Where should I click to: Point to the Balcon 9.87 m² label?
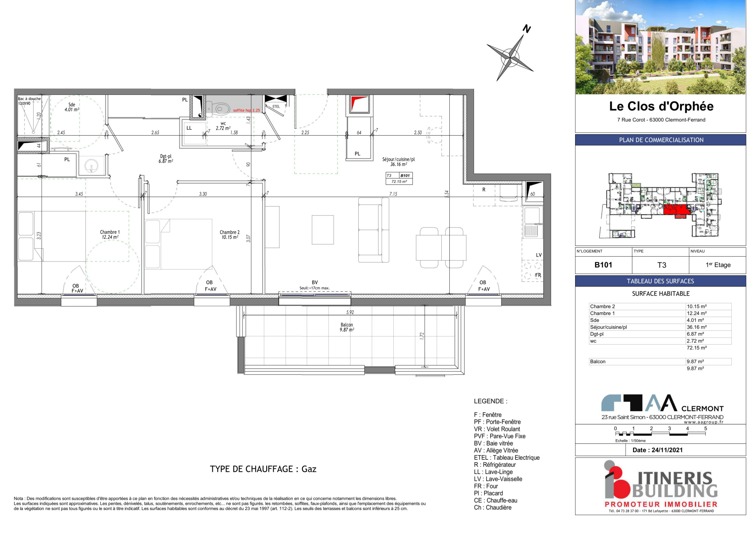[347, 327]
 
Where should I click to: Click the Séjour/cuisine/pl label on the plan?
[399, 159]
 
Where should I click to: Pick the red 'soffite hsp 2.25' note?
[247, 110]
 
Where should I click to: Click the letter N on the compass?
[527, 29]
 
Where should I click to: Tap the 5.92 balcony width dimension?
[350, 312]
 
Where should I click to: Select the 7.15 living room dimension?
[393, 194]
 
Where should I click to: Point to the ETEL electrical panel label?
[276, 107]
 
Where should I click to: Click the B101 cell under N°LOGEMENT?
[603, 265]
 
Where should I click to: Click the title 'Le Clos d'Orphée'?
[661, 106]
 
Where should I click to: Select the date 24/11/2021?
[667, 450]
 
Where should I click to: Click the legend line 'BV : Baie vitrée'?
[493, 443]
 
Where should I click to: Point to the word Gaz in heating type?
[309, 469]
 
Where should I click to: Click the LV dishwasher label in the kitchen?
[539, 255]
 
